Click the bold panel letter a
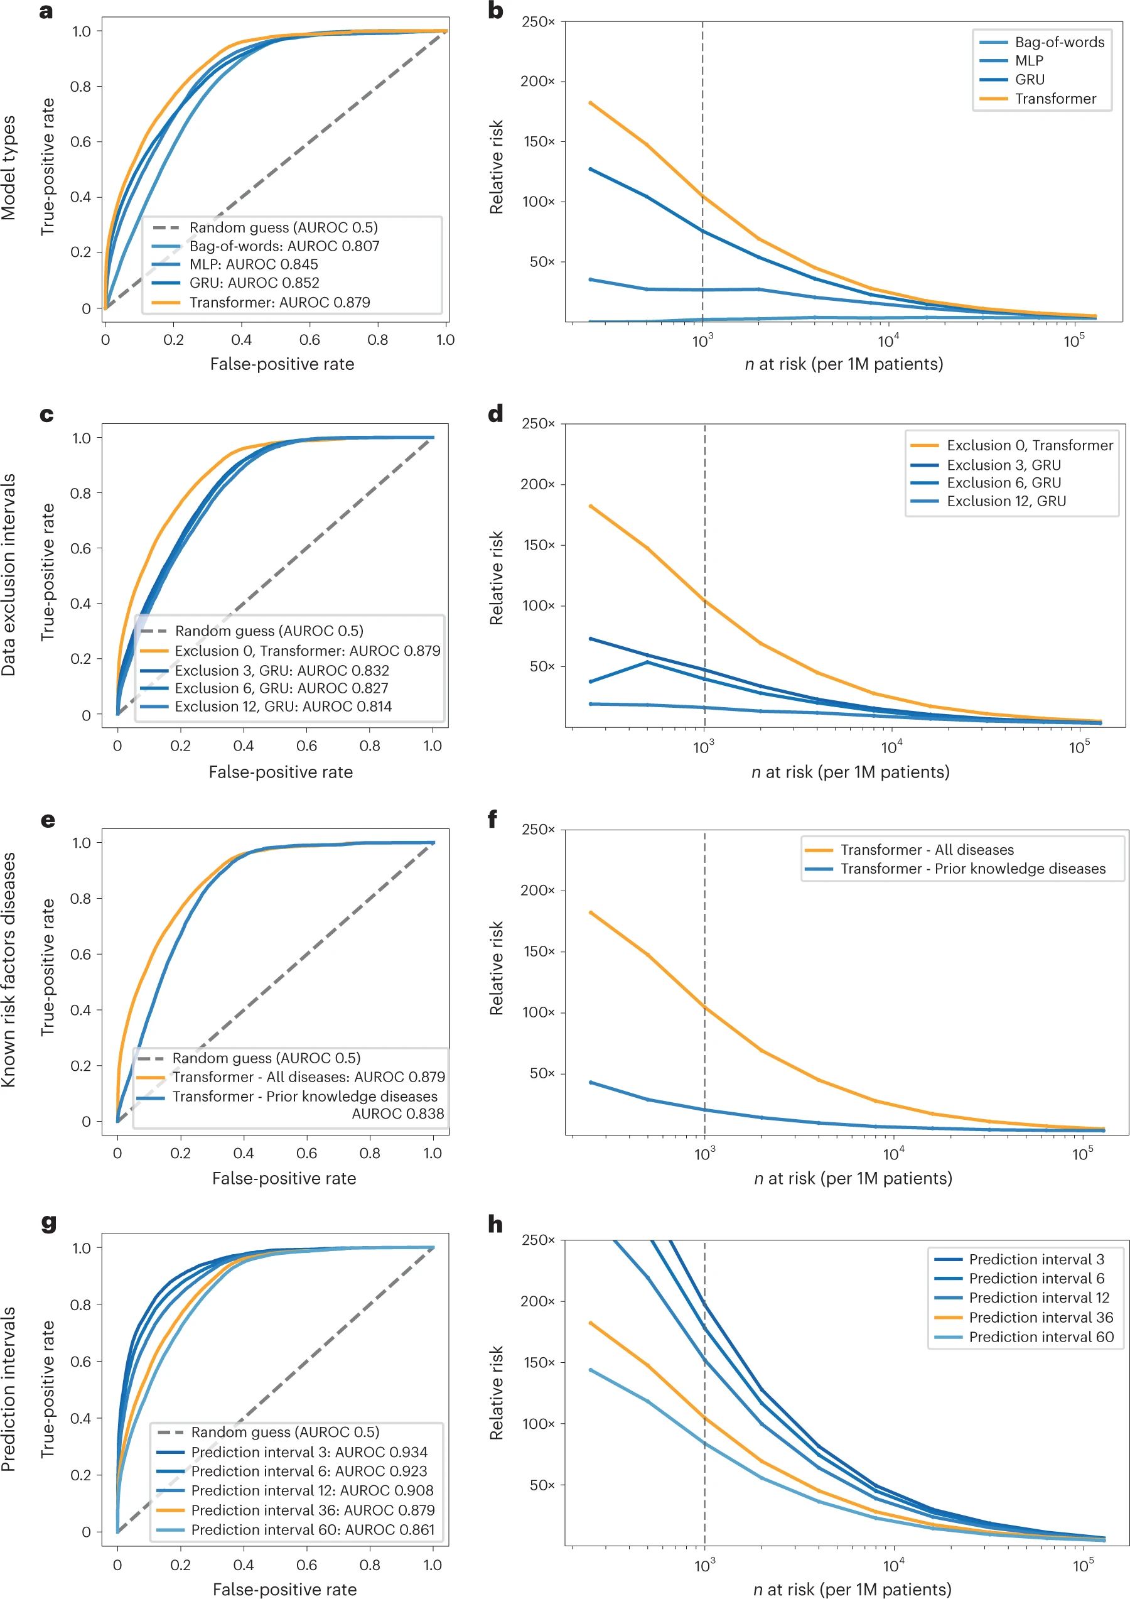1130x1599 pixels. pyautogui.click(x=46, y=12)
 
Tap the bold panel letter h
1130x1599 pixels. pyautogui.click(x=495, y=1223)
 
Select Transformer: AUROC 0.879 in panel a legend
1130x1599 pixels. pyautogui.click(x=279, y=302)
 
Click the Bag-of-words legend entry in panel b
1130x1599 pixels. pyautogui.click(x=1059, y=43)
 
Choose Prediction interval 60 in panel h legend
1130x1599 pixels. pyautogui.click(x=1041, y=1336)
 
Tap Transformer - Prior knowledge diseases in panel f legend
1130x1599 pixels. pyautogui.click(x=972, y=869)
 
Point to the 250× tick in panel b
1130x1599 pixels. pyautogui.click(x=538, y=21)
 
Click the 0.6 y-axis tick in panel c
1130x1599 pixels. pyautogui.click(x=81, y=548)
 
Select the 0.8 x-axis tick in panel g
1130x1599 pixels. pyautogui.click(x=370, y=1565)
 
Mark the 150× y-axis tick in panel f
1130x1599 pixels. pyautogui.click(x=538, y=951)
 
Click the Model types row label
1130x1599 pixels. pyautogui.click(x=8, y=168)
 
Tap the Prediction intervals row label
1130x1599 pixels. pyautogui.click(x=8, y=1389)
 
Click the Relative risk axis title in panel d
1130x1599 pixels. pyautogui.click(x=496, y=578)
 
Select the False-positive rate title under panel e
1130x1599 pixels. pyautogui.click(x=284, y=1178)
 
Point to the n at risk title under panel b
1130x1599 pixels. pyautogui.click(x=844, y=364)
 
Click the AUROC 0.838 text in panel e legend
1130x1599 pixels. pyautogui.click(x=397, y=1114)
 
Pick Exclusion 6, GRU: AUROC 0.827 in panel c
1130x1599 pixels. pyautogui.click(x=281, y=688)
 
